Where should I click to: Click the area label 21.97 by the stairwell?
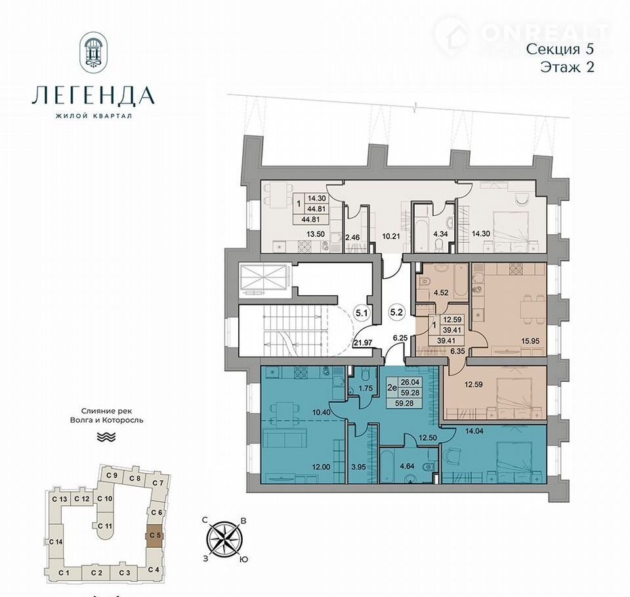[x=363, y=342]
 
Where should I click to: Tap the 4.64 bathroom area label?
[x=407, y=467]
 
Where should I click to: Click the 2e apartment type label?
[x=391, y=388]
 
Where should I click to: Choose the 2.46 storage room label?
[x=352, y=237]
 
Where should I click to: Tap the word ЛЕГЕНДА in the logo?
[x=93, y=95]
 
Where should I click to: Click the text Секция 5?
[x=560, y=49]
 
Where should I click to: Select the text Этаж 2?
[x=567, y=67]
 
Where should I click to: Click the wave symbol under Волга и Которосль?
[x=107, y=437]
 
